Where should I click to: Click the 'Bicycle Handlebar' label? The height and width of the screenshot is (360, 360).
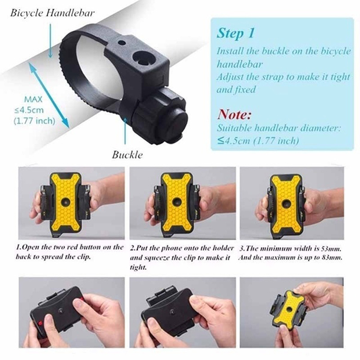click(x=52, y=13)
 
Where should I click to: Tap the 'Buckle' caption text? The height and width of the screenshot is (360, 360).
click(x=127, y=155)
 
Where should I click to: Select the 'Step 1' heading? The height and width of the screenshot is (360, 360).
click(x=236, y=33)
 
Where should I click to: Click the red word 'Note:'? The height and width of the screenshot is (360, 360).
click(x=234, y=114)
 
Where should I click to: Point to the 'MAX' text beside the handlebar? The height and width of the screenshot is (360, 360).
click(x=33, y=99)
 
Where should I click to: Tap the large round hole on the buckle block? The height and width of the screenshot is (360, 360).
click(x=144, y=58)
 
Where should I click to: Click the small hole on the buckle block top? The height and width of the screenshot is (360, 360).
click(x=122, y=43)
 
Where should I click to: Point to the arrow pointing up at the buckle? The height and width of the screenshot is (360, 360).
click(x=126, y=131)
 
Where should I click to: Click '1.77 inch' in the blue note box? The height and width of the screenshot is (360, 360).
click(x=276, y=140)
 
